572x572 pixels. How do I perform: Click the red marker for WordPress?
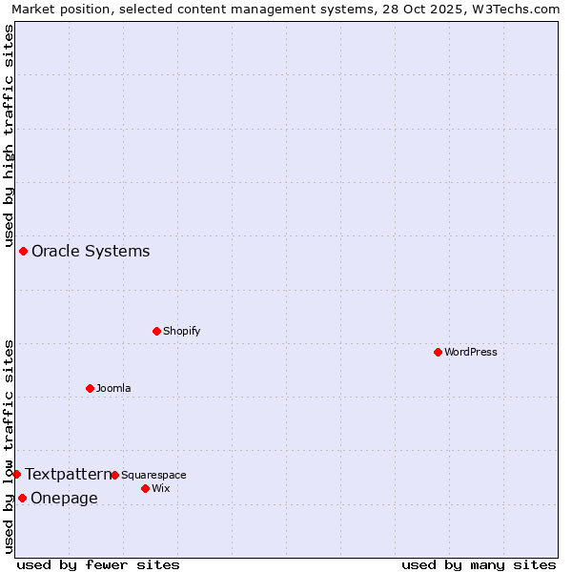coord(438,352)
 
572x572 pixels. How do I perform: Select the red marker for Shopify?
coord(156,331)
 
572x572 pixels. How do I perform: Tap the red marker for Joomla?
coord(90,388)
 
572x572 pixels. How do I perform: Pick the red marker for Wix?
coord(145,488)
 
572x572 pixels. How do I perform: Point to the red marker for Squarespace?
coord(114,475)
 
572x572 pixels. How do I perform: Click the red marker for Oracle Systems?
coord(23,251)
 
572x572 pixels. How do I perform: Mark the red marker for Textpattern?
coord(16,474)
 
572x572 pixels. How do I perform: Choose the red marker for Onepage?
coord(22,498)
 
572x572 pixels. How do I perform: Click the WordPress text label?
coord(471,352)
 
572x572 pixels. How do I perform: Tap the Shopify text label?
coord(181,331)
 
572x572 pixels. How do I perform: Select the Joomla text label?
coord(113,388)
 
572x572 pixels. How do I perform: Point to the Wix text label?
coord(160,488)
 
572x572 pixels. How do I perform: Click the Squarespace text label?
coord(153,475)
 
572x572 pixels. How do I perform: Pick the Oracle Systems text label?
coord(91,252)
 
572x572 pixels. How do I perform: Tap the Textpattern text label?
coord(68,474)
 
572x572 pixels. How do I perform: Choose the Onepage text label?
coord(64,498)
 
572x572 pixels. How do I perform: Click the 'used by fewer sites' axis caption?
coord(98,564)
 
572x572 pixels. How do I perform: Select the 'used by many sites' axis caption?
coord(479,564)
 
